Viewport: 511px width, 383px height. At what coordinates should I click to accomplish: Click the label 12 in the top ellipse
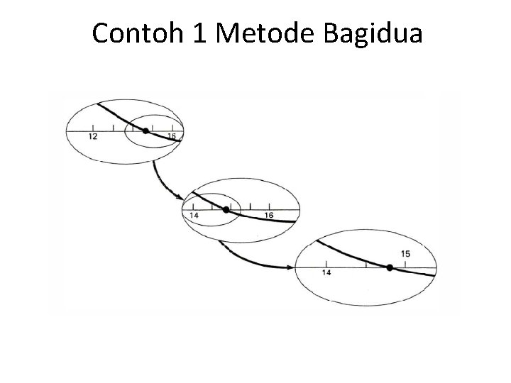tap(94, 137)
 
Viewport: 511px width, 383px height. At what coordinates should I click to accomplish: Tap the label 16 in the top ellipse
tap(171, 136)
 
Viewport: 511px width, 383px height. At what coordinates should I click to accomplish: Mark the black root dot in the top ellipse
tap(145, 131)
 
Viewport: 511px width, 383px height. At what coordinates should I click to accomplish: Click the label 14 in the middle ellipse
tap(194, 216)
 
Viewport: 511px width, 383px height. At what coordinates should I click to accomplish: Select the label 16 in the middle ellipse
tap(268, 216)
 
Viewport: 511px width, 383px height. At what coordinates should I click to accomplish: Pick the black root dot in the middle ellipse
tap(226, 209)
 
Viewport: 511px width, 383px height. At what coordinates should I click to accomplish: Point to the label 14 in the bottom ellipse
tap(326, 273)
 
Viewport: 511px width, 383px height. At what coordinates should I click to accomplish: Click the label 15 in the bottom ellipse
tap(405, 254)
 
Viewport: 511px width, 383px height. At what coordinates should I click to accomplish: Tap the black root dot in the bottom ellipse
tap(390, 267)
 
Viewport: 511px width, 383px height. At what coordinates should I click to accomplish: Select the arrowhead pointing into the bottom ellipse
tap(292, 267)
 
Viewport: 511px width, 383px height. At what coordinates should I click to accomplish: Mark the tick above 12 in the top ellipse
tap(94, 128)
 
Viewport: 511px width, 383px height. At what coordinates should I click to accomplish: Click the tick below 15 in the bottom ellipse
tap(405, 264)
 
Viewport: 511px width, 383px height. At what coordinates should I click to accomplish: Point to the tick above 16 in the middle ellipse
tap(268, 207)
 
